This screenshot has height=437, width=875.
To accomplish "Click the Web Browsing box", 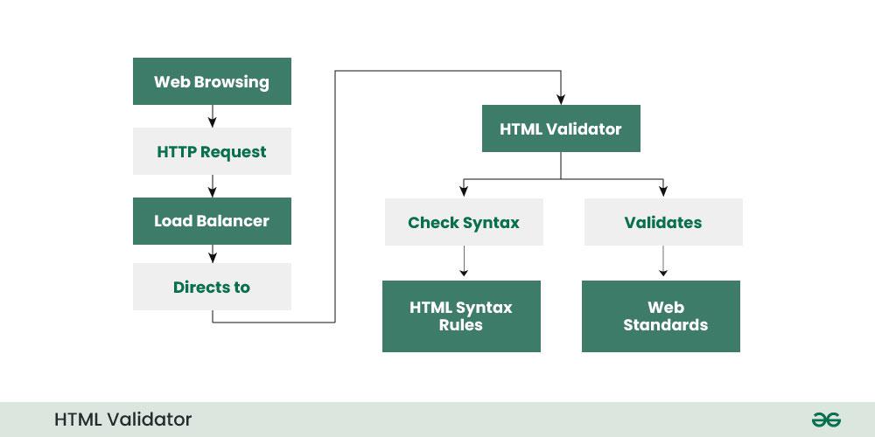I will point(212,81).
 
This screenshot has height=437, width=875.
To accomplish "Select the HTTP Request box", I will point(212,152).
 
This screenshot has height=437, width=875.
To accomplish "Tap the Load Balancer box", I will point(212,220).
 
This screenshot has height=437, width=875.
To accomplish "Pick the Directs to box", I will point(212,287).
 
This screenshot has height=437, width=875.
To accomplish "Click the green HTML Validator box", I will point(561,129).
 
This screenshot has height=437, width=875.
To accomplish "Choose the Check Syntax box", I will point(464,222).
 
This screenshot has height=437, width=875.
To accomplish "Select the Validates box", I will point(662,222).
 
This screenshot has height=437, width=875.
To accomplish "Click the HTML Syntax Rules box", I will point(461,316).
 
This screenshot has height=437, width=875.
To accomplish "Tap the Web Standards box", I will point(661,316).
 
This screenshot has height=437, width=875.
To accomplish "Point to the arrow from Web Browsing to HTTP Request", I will point(212,116).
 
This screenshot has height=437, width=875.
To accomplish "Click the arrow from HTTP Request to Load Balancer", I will point(212,186).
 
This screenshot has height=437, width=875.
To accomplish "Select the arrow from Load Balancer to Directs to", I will point(212,253).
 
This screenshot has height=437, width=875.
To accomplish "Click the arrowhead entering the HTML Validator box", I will point(561,100).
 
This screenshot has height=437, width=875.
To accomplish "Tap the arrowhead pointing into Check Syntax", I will point(463,192).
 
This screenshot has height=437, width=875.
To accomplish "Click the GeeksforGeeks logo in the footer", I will point(825,420).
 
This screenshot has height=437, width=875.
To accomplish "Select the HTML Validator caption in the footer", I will point(122,420).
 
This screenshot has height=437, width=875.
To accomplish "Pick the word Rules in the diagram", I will point(461,325).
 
